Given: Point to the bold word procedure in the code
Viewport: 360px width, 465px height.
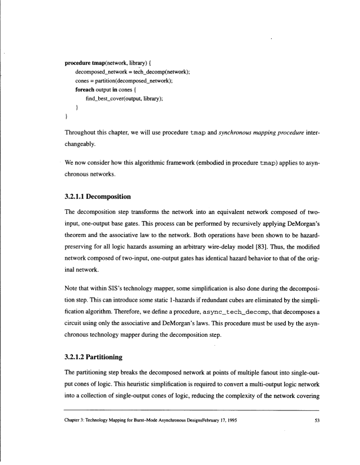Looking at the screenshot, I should coord(78,62).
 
